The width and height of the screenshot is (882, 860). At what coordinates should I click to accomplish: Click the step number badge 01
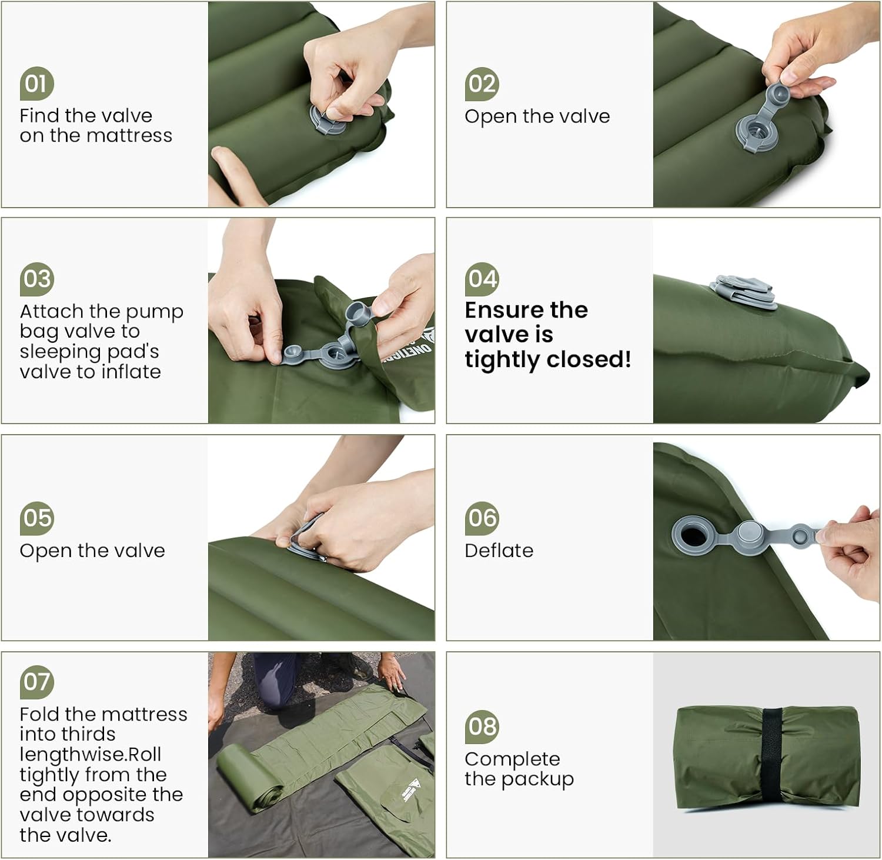[36, 84]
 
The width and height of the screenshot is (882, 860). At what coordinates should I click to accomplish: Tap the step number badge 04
[482, 279]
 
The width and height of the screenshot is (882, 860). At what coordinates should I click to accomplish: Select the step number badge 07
[36, 682]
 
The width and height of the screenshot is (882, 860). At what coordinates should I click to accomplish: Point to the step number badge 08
[482, 726]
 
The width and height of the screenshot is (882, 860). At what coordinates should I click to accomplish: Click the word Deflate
[499, 551]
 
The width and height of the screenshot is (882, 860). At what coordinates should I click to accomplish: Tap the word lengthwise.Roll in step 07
[90, 755]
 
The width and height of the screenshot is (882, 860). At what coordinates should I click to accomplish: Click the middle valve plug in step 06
[751, 535]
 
